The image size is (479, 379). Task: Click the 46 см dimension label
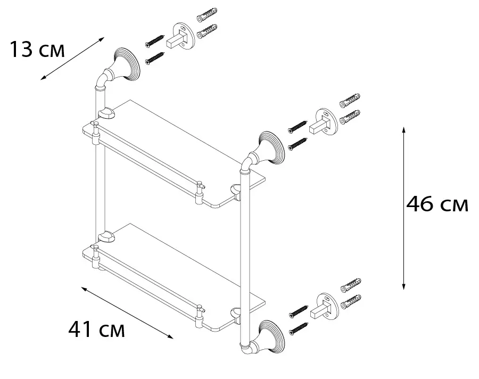[x=436, y=204]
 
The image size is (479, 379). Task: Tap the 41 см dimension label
[x=96, y=330]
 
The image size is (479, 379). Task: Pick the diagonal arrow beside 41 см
[x=128, y=312]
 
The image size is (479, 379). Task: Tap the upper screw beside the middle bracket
[x=298, y=127]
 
